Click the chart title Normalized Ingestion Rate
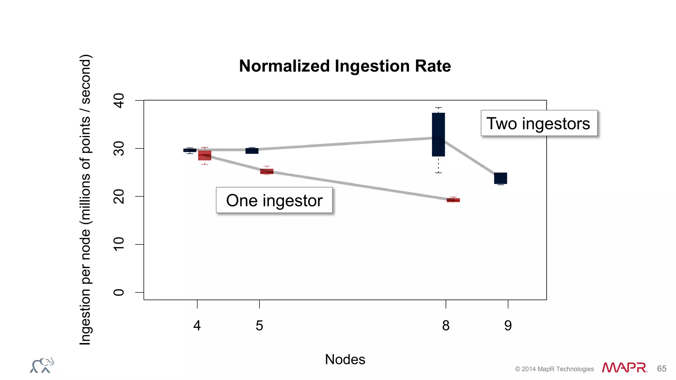[x=345, y=66]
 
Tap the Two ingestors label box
[x=539, y=123]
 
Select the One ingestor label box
[x=274, y=200]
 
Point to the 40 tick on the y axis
[x=119, y=100]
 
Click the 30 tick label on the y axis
[x=119, y=148]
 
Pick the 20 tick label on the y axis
[x=119, y=196]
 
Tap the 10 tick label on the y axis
[x=119, y=244]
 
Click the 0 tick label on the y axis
[x=119, y=292]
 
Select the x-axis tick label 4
[x=197, y=326]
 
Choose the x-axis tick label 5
[x=259, y=326]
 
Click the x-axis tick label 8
[x=446, y=326]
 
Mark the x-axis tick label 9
[x=508, y=326]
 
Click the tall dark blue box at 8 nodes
[x=438, y=134]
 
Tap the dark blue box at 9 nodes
[x=500, y=178]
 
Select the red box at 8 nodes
[x=453, y=200]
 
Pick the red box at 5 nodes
[x=267, y=171]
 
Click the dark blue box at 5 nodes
[x=252, y=151]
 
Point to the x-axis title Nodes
[x=345, y=359]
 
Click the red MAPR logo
[x=624, y=367]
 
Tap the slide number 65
[x=661, y=368]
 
